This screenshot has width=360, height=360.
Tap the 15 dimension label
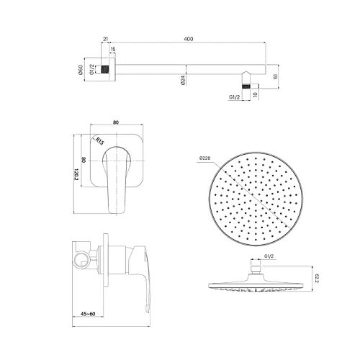coord(112,50)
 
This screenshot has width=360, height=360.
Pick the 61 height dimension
coord(276,75)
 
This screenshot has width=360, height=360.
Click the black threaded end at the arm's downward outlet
coord(248,86)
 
